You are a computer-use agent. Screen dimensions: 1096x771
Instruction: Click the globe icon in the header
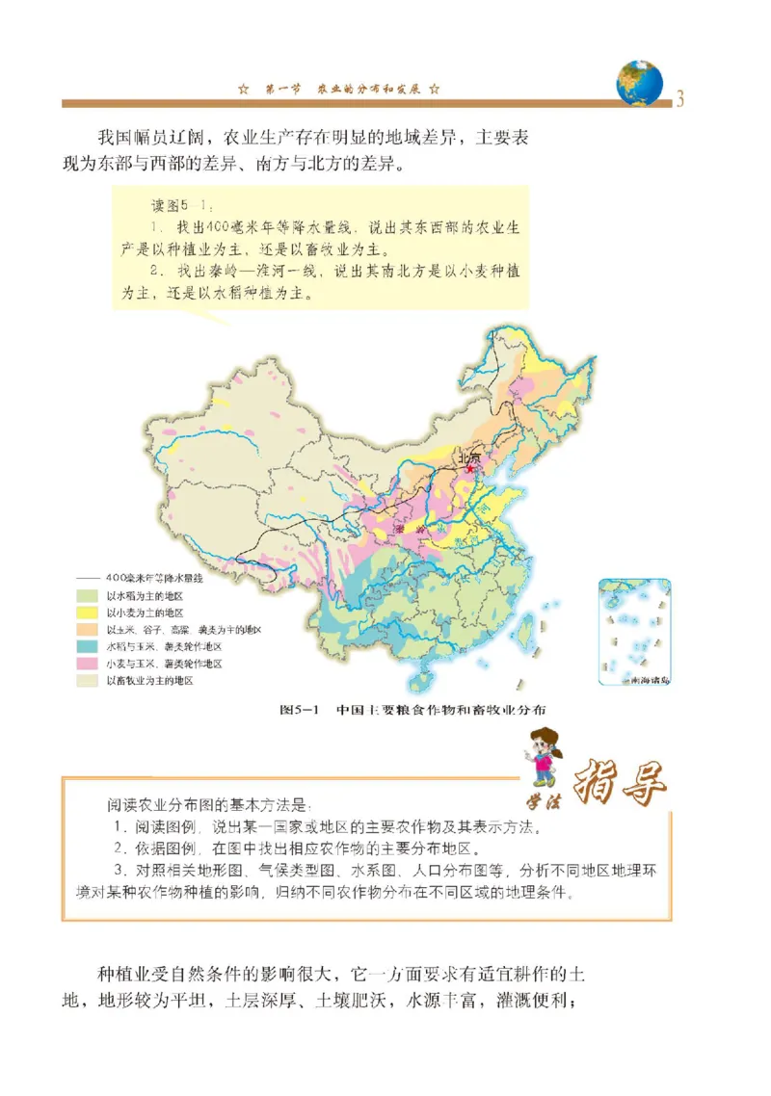pos(640,83)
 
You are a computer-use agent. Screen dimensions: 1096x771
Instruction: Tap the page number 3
pos(680,98)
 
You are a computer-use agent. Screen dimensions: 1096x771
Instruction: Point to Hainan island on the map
pos(420,681)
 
